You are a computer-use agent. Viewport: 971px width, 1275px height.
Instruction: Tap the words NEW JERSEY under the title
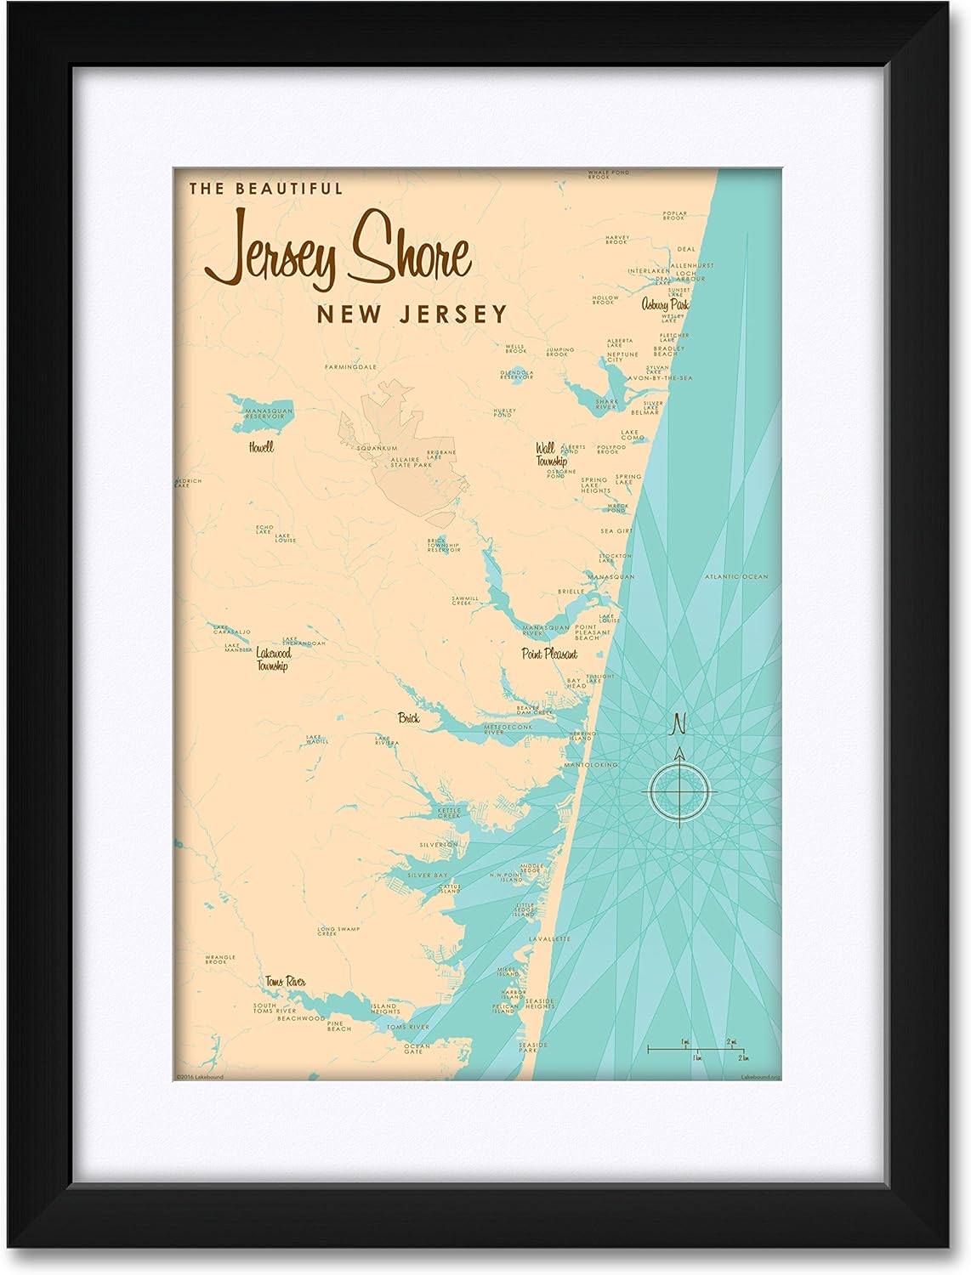pos(412,314)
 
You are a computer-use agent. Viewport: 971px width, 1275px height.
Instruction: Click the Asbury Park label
pos(665,304)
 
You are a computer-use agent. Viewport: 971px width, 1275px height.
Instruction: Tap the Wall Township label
pos(551,454)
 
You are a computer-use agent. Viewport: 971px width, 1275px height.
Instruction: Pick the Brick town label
pos(409,718)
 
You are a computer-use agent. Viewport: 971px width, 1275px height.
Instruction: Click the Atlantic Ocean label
pos(735,577)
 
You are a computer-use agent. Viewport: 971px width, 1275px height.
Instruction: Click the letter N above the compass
pos(679,724)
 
